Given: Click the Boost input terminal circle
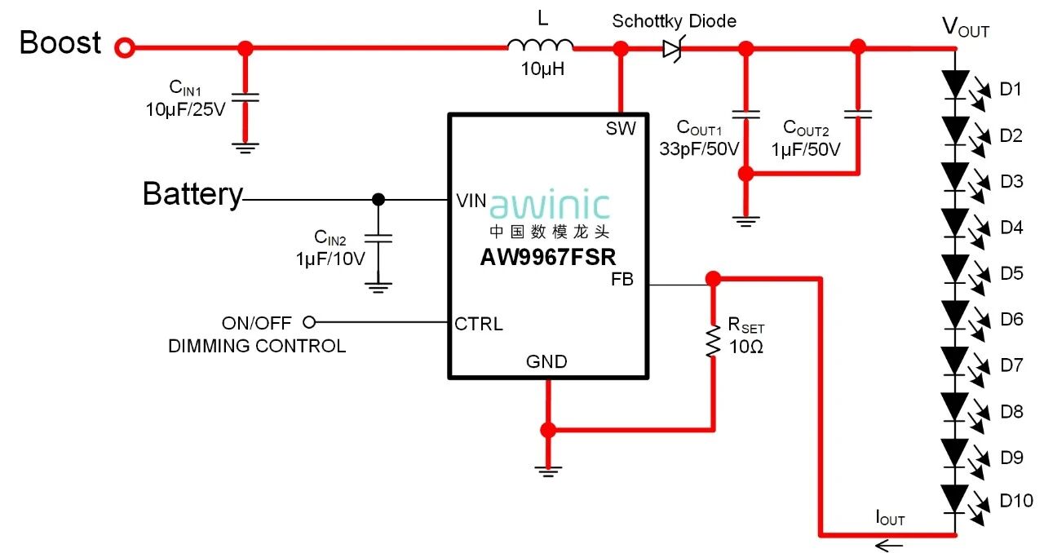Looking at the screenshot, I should click(x=124, y=48).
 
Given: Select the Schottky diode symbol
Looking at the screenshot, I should click(x=671, y=49).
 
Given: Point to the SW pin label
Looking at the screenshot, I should click(x=620, y=128).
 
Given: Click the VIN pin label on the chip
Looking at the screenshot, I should click(x=471, y=200).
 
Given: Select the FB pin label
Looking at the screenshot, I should click(x=622, y=279).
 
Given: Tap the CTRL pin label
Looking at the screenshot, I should click(x=479, y=324).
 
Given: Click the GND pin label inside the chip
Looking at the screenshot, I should click(x=546, y=361).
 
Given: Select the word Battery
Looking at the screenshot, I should click(x=192, y=194).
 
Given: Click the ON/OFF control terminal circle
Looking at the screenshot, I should click(x=308, y=322).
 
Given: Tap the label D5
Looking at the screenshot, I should click(x=1011, y=273).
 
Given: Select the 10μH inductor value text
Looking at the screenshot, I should click(x=542, y=70).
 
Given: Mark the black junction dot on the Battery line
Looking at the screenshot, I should click(x=378, y=199).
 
